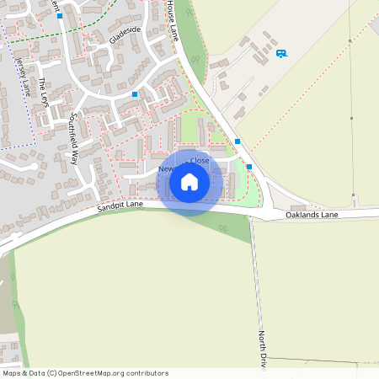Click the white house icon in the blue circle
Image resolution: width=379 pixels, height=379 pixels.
189,181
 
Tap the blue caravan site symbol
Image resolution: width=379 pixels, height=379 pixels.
281,53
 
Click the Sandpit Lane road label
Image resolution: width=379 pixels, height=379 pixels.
120,206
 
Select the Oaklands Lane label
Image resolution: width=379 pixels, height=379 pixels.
311,216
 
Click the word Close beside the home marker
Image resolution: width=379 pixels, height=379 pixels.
200,160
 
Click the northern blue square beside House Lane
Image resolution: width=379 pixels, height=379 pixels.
238,141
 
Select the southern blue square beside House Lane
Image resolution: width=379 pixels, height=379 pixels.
248,167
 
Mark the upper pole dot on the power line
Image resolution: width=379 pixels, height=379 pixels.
350,40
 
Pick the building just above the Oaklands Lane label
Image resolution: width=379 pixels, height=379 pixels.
298,207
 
